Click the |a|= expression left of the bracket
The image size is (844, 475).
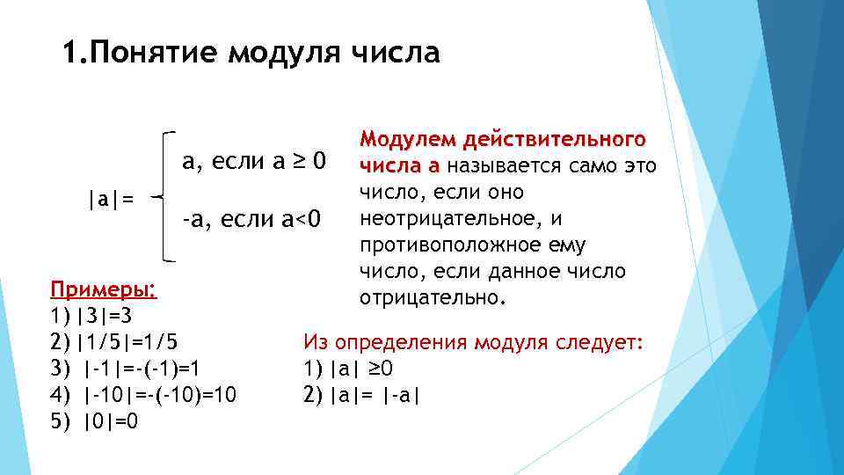111,200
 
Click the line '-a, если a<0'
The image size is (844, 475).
252,216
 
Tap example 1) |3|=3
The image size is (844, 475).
91,316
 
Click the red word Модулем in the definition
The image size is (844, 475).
406,140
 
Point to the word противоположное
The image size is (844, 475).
458,244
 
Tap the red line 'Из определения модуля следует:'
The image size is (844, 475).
473,342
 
